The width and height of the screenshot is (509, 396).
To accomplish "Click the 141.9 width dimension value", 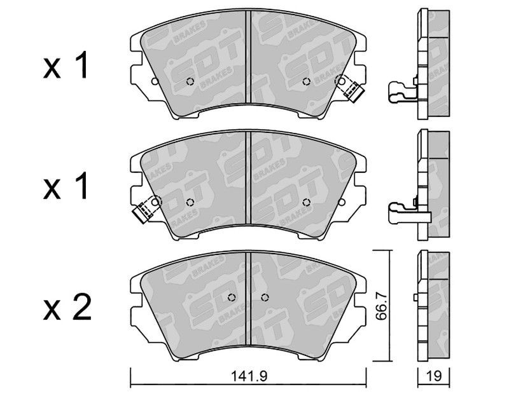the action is click(x=249, y=376).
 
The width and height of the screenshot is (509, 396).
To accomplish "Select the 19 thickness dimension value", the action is click(x=434, y=376).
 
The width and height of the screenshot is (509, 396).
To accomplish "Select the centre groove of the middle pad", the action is click(x=248, y=178).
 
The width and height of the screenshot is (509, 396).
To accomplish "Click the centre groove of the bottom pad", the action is click(x=248, y=298).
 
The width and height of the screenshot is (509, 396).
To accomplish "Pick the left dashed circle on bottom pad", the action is click(x=232, y=297).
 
